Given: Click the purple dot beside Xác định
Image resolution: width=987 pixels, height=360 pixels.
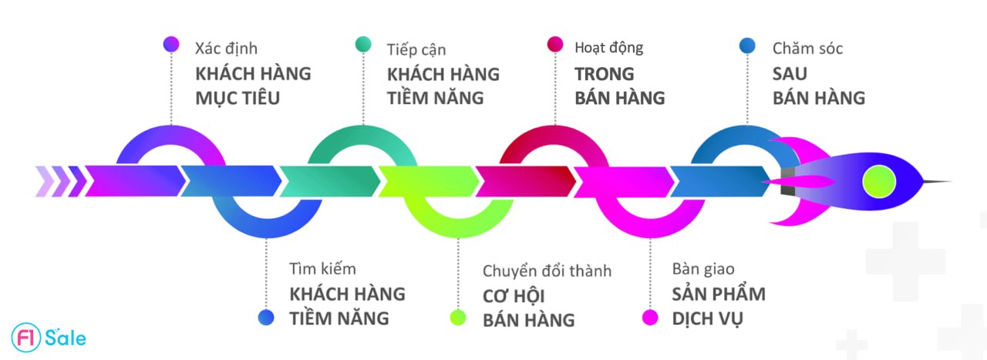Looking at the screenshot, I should coord(171,45).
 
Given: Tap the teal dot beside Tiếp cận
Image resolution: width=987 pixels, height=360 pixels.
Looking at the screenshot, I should coord(363,45).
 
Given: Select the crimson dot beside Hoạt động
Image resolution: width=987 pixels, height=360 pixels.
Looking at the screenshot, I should coord(554,45).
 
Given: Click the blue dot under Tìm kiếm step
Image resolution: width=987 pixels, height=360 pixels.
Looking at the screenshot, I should coord(266,317).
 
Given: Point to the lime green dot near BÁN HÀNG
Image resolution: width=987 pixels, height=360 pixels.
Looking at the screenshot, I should coord(458,317).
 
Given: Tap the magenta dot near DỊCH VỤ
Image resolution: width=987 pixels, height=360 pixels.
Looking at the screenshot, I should coord(650,317).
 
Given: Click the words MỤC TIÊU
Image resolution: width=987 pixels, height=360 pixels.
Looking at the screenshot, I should coord(237,98).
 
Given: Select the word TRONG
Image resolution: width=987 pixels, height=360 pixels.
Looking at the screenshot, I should coord(605,74).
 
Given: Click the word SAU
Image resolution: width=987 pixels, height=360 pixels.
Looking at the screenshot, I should coord(790,74).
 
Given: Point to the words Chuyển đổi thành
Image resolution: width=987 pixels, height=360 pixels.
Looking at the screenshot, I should coord(547,271).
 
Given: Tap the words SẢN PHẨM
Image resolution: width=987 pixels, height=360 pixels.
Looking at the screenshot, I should coord(718,294).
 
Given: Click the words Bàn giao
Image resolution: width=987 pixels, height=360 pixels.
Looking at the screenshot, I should coord(702,270).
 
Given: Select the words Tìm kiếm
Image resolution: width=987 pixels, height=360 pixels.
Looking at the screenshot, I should coord(322,270).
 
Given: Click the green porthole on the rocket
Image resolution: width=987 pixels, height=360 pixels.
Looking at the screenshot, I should coord(878,182).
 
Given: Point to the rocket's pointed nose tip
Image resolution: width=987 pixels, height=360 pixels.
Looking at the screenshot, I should coord(948,182).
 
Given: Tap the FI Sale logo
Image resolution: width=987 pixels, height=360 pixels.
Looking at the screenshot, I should coord(49,337).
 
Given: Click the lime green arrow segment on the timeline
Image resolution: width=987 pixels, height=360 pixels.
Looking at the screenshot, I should coord(427,182).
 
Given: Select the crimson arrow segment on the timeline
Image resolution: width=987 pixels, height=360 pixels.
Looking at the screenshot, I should coord(524,182).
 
